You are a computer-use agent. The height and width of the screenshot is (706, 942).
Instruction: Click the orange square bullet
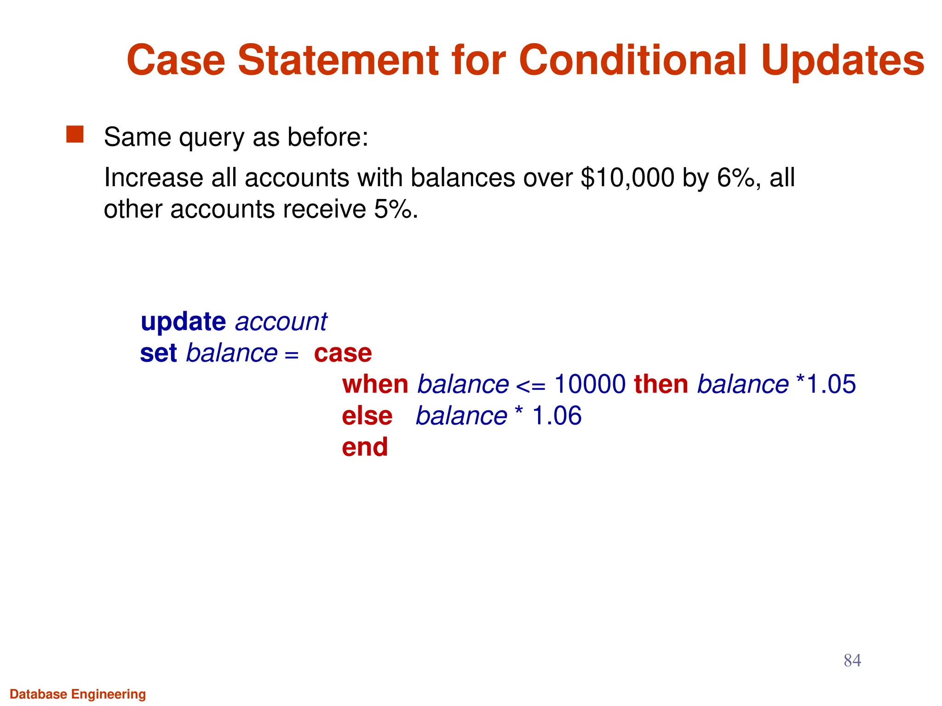click(75, 135)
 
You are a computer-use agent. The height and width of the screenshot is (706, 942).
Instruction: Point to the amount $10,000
click(627, 178)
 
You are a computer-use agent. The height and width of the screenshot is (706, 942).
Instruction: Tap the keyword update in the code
click(183, 322)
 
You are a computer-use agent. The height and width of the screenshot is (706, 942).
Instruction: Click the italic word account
click(281, 322)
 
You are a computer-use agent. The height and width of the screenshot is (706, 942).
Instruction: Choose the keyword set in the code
click(158, 353)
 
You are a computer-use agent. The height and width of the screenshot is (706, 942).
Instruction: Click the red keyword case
click(343, 353)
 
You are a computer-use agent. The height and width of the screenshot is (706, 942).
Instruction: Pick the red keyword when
click(375, 384)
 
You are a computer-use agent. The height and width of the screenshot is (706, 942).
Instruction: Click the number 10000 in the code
click(590, 384)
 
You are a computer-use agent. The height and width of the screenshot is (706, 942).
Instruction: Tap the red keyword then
click(661, 384)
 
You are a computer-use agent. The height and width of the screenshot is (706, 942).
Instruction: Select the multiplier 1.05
click(831, 384)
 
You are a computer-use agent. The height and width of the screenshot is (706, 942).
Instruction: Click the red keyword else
click(367, 416)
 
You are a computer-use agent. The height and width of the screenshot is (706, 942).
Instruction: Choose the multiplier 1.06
click(557, 416)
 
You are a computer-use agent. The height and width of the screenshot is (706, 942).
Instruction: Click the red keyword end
click(365, 447)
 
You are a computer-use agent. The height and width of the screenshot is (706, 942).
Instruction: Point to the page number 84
click(852, 660)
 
